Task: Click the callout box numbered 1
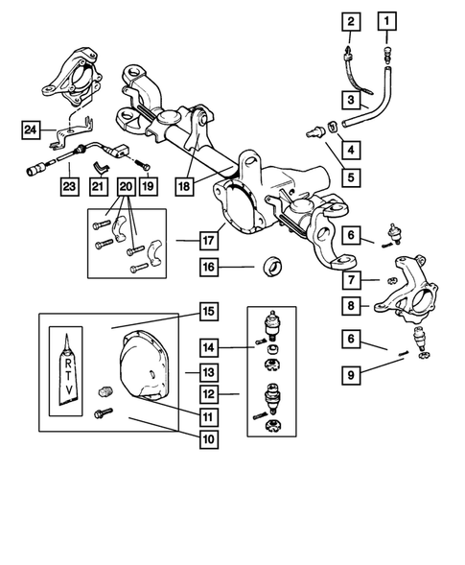[386, 21]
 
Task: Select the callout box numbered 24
[31, 129]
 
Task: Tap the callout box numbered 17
[209, 241]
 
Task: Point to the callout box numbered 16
[209, 267]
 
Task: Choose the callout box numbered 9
[351, 375]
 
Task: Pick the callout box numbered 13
[209, 372]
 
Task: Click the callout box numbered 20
[126, 187]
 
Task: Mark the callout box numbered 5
[351, 177]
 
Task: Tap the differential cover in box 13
[144, 365]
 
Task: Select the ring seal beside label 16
[272, 266]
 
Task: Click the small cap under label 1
[387, 54]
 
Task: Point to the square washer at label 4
[333, 127]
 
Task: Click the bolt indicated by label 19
[144, 165]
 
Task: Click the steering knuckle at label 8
[407, 290]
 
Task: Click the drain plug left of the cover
[105, 390]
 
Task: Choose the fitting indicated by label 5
[314, 131]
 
